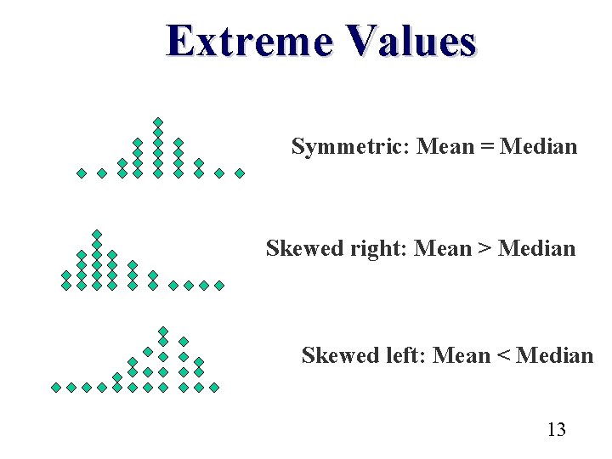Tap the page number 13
click(x=556, y=429)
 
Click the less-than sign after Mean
click(x=501, y=355)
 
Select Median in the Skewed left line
click(x=554, y=355)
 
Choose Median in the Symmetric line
click(x=538, y=147)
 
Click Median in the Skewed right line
click(x=536, y=249)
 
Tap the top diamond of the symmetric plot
click(x=157, y=122)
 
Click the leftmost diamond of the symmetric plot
click(x=82, y=173)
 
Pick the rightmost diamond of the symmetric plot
click(x=240, y=173)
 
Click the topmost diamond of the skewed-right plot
click(x=97, y=234)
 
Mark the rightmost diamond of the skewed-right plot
click(x=218, y=286)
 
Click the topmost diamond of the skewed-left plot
click(x=163, y=331)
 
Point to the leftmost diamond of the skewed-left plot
click(x=56, y=387)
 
